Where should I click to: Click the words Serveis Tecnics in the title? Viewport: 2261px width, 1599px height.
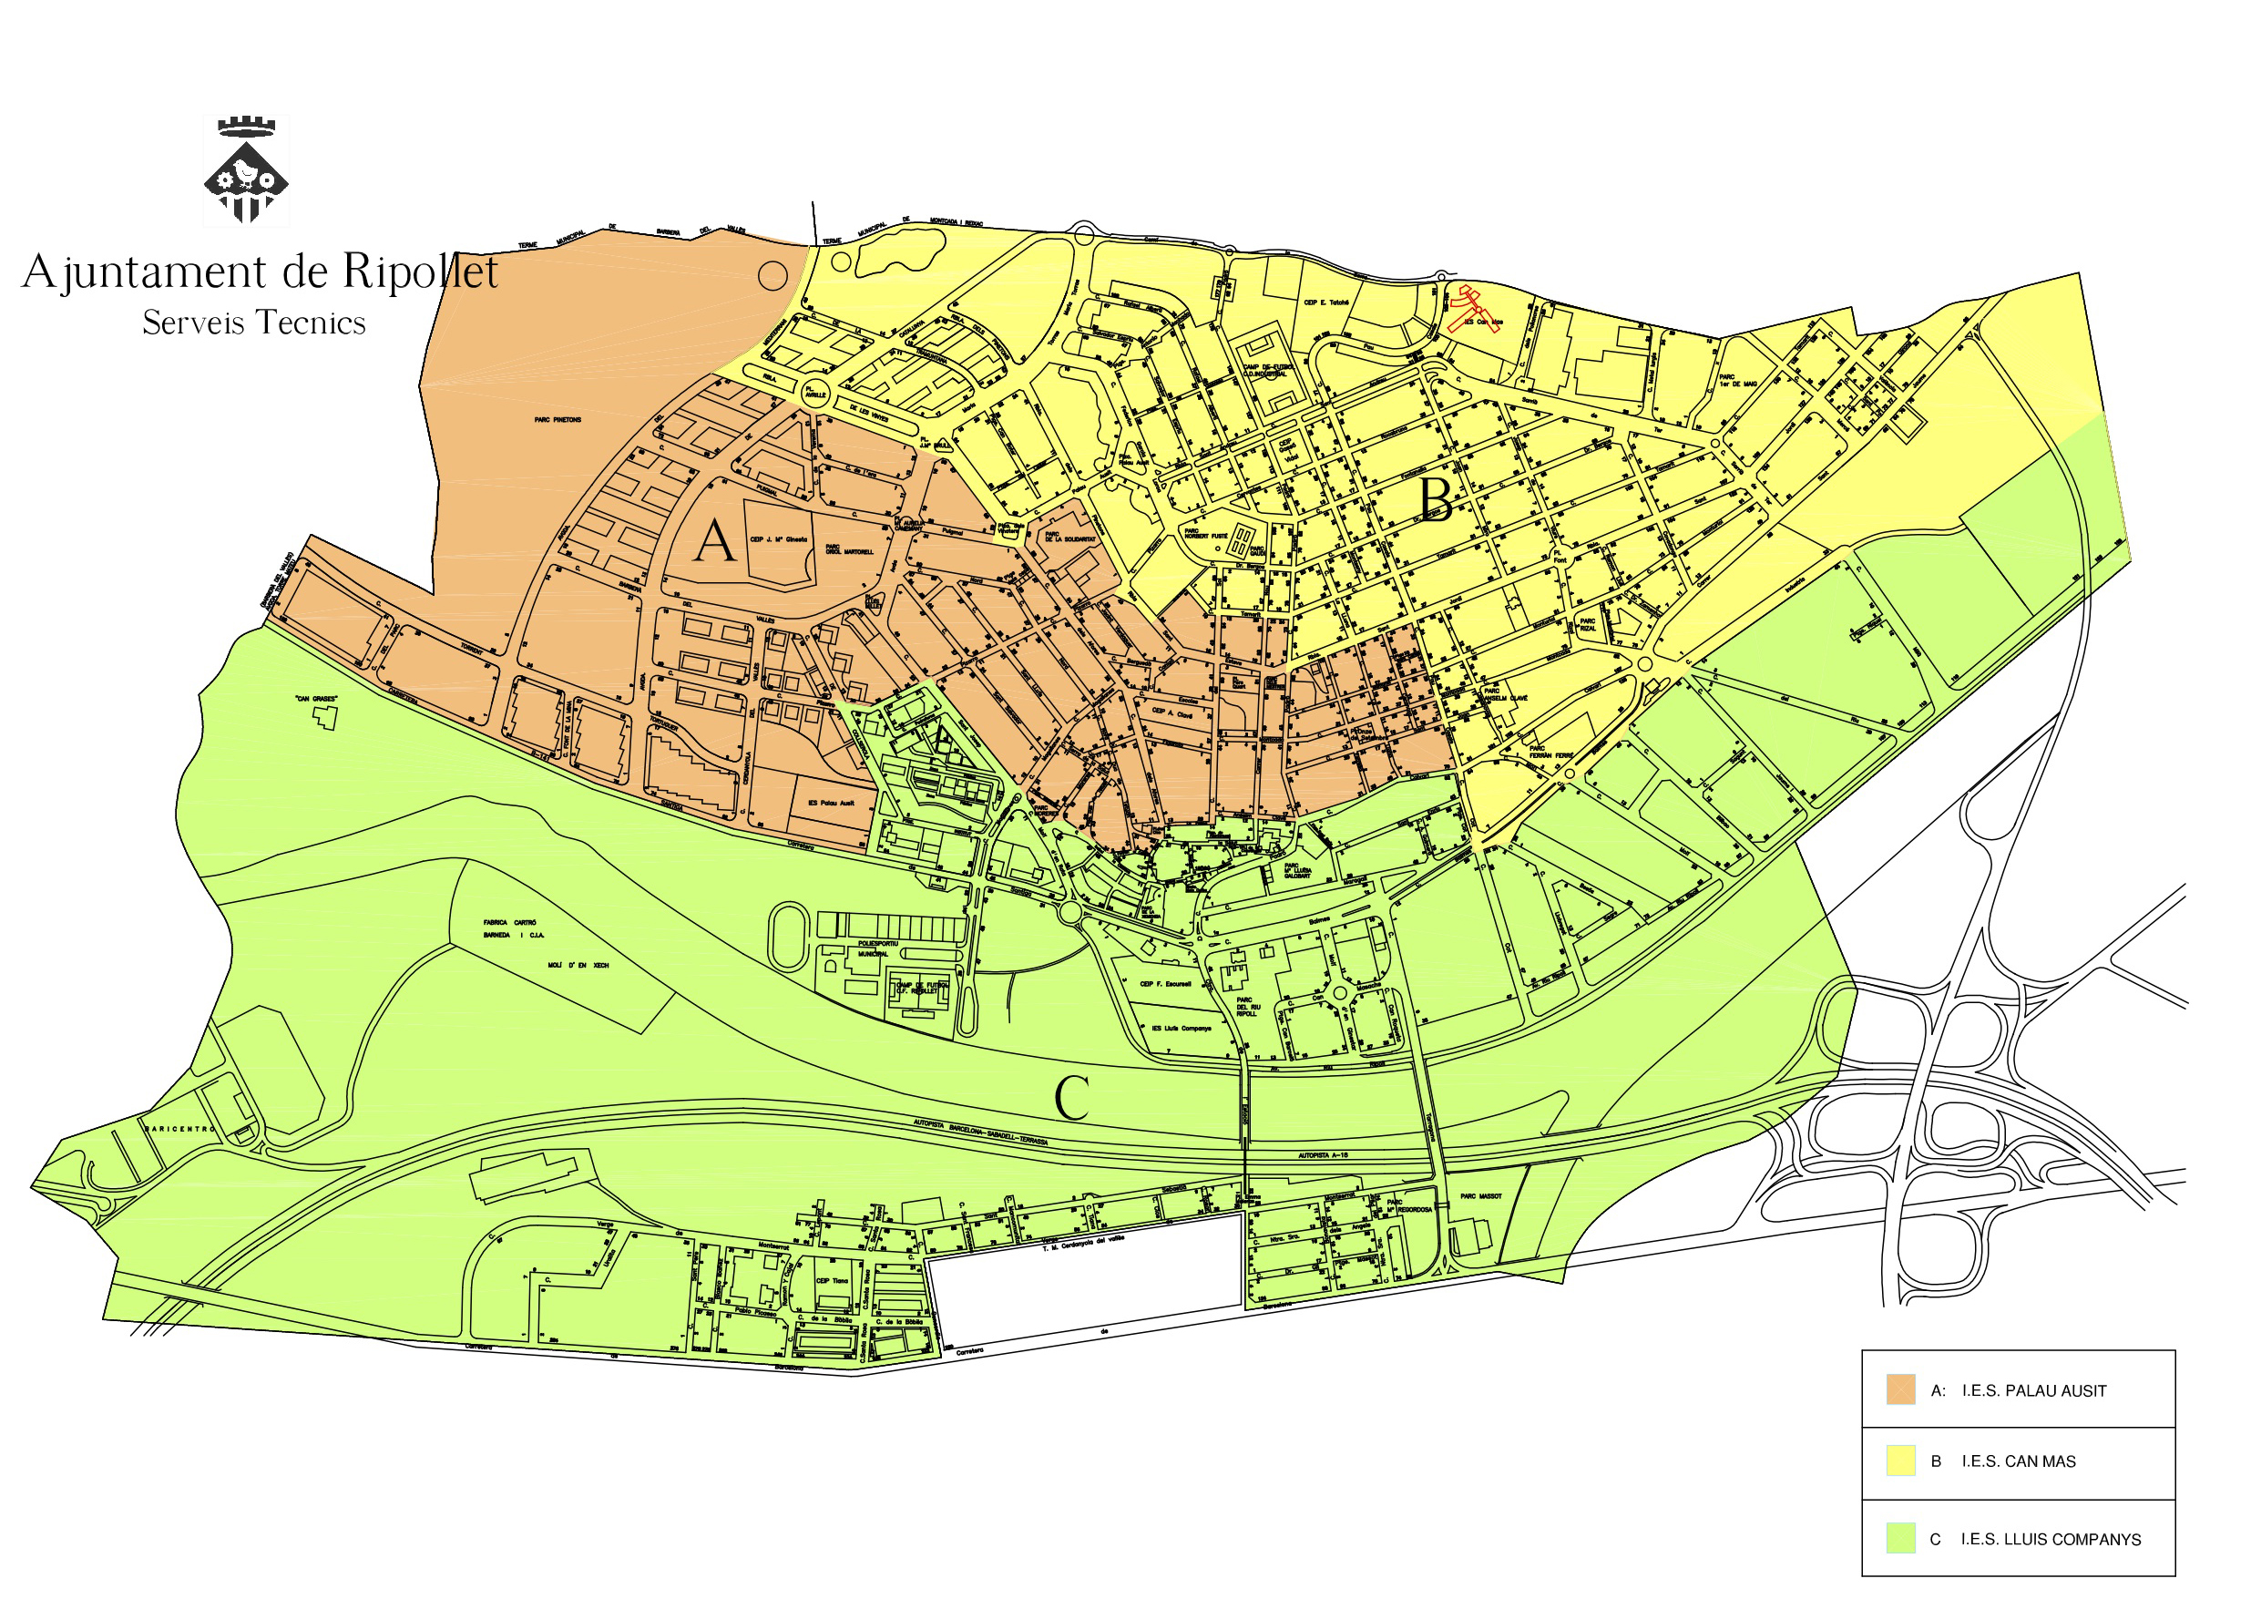[x=254, y=323]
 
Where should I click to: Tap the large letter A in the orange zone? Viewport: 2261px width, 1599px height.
[x=714, y=542]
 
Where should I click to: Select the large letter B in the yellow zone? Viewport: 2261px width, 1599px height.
[x=1436, y=499]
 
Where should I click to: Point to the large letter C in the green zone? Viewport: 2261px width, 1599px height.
[x=1071, y=1098]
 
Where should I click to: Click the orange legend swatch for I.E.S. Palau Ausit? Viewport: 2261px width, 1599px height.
[x=1899, y=1390]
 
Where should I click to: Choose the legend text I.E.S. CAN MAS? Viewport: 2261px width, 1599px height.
[x=2018, y=1462]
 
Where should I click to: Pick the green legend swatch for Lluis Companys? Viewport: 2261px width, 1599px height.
[x=1899, y=1538]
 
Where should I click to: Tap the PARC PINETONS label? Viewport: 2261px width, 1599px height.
[x=558, y=420]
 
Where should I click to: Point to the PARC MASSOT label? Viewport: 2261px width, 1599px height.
[x=1481, y=1196]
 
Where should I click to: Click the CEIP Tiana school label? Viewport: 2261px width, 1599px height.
[x=831, y=1281]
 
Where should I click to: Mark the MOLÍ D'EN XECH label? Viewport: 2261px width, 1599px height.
[x=578, y=966]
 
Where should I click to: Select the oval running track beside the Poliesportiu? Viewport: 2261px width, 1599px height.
[x=789, y=936]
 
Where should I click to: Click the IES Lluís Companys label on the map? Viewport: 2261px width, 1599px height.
[x=1181, y=1029]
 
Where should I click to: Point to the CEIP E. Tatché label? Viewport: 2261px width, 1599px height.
[x=1325, y=302]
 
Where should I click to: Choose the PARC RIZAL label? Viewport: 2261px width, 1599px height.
[x=1587, y=625]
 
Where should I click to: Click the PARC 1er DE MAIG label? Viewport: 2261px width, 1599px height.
[x=1738, y=380]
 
